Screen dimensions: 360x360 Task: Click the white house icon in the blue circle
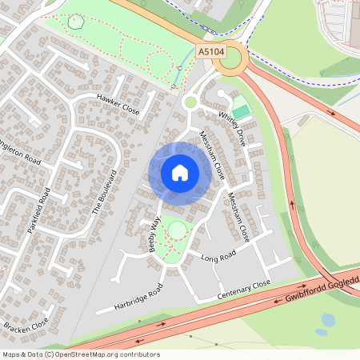180,173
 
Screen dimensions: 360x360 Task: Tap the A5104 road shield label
210,51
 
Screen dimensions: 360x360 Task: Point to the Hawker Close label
118,105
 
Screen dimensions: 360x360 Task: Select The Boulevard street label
105,192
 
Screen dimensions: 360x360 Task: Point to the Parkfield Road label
38,210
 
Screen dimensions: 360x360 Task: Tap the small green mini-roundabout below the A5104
190,102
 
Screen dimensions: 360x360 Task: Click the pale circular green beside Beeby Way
177,230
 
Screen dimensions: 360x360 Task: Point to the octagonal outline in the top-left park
76,22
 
